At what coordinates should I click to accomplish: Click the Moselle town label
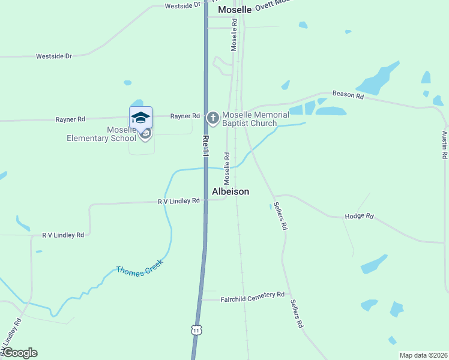pyautogui.click(x=235, y=10)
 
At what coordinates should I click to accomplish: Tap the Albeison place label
pyautogui.click(x=231, y=191)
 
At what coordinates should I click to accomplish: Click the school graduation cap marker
pyautogui.click(x=140, y=116)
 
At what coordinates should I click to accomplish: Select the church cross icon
pyautogui.click(x=212, y=118)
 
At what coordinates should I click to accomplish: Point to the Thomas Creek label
pyautogui.click(x=140, y=271)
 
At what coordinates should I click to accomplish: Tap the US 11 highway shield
pyautogui.click(x=196, y=329)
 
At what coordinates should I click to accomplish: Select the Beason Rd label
pyautogui.click(x=348, y=95)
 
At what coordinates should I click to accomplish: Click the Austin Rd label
pyautogui.click(x=445, y=145)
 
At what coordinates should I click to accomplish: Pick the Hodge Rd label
pyautogui.click(x=359, y=216)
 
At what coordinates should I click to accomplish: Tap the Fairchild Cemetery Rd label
pyautogui.click(x=252, y=295)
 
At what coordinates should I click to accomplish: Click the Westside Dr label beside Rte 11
pyautogui.click(x=182, y=5)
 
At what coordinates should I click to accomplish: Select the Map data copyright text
pyautogui.click(x=423, y=355)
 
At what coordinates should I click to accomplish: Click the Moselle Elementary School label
pyautogui.click(x=101, y=134)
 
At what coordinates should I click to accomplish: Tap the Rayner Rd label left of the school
pyautogui.click(x=71, y=119)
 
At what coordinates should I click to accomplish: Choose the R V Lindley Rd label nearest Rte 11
pyautogui.click(x=178, y=202)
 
